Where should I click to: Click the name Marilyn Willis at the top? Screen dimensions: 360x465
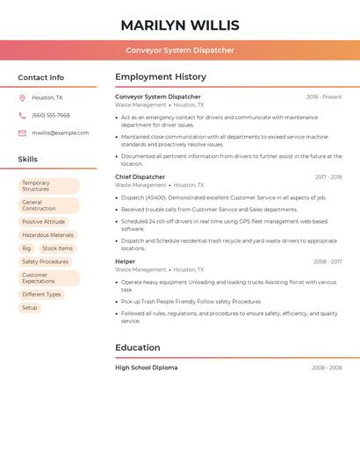[180, 25]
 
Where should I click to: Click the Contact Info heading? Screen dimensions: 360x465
[41, 77]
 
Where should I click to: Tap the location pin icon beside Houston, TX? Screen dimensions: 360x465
[22, 97]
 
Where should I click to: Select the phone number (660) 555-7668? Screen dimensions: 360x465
[51, 115]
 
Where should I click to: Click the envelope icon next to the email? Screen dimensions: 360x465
[22, 133]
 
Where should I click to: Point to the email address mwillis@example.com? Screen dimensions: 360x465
[61, 133]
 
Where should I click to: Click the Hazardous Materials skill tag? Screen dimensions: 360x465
[48, 235]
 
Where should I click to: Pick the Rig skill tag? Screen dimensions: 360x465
[26, 248]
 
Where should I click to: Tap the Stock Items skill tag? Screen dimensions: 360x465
[58, 248]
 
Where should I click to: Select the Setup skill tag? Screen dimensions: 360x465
[30, 308]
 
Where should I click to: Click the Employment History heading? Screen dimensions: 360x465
[161, 77]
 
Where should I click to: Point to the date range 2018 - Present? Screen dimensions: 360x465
[324, 97]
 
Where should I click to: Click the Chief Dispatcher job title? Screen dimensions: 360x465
[140, 177]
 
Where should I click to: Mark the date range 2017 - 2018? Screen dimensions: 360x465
[328, 177]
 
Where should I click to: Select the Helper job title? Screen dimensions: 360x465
[126, 261]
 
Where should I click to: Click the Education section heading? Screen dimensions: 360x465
[138, 347]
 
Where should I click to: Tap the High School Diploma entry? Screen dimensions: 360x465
[146, 368]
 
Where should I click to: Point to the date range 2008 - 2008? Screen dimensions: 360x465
[327, 368]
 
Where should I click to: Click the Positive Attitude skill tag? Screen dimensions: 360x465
[44, 222]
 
